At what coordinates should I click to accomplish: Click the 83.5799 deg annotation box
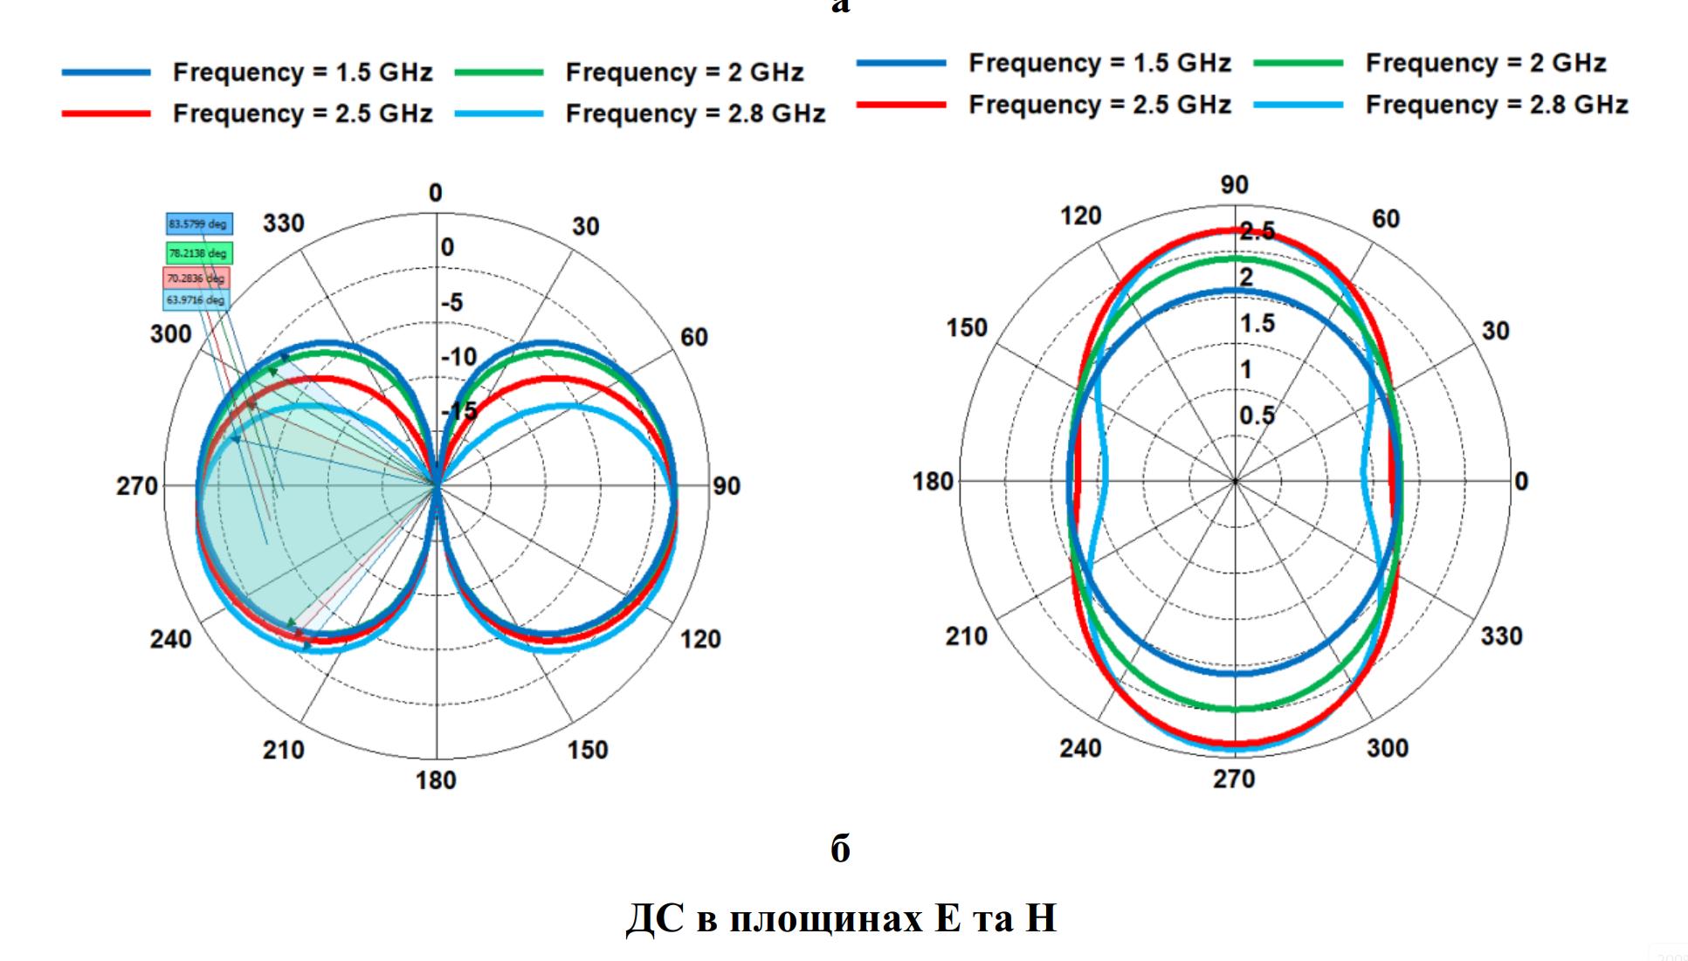click(x=199, y=224)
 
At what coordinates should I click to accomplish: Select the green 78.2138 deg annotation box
click(x=199, y=253)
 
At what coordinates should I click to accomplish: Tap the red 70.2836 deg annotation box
click(x=196, y=278)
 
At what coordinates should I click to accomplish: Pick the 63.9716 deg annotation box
click(x=196, y=300)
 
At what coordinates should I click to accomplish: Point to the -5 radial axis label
click(x=452, y=303)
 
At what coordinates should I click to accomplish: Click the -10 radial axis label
click(x=458, y=357)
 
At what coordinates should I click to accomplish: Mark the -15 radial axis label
click(x=460, y=410)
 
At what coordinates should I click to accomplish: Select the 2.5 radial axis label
click(x=1257, y=231)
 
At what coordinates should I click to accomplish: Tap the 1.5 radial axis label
click(x=1257, y=324)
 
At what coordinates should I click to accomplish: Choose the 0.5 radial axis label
click(x=1257, y=415)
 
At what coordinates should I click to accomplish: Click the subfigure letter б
click(x=840, y=848)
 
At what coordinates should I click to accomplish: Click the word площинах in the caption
click(x=826, y=918)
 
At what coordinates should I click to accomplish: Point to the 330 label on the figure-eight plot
click(x=284, y=223)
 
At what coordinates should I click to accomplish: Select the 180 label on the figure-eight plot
click(x=436, y=780)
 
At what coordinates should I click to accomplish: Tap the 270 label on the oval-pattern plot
click(x=1234, y=779)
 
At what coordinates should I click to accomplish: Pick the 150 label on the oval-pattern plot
click(x=967, y=328)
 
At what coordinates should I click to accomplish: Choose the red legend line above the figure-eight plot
click(x=107, y=113)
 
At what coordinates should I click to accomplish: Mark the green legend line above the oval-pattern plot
click(x=1298, y=63)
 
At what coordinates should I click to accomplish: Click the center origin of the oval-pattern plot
click(x=1235, y=481)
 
